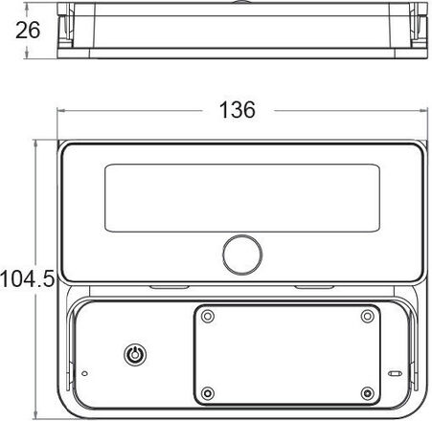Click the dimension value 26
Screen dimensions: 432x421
click(x=28, y=31)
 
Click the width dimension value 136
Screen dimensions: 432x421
click(x=238, y=110)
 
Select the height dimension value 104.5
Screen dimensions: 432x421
click(x=28, y=278)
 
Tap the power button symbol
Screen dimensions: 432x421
click(x=135, y=354)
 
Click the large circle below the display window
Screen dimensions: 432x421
click(x=242, y=255)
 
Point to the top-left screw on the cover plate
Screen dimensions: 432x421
click(x=208, y=317)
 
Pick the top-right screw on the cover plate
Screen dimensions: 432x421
click(x=368, y=317)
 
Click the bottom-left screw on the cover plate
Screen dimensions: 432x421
click(x=208, y=392)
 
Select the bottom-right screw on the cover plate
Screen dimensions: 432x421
click(x=368, y=392)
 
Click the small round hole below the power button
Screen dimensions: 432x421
click(x=84, y=373)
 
